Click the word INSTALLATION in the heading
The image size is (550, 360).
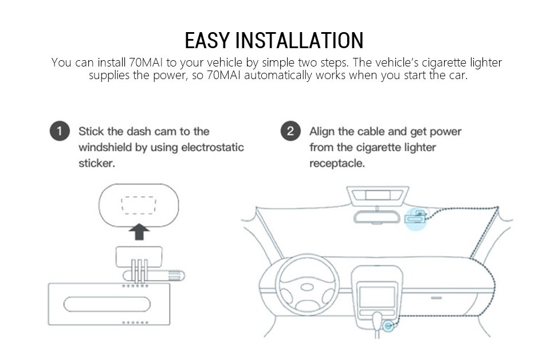(300, 40)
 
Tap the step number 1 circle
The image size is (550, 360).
(60, 131)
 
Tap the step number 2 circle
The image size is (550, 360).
(290, 131)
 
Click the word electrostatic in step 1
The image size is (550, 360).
(213, 147)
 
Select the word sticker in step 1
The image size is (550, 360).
(96, 163)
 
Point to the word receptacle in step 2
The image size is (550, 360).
(336, 163)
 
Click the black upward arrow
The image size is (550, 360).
(139, 232)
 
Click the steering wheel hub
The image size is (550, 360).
(307, 287)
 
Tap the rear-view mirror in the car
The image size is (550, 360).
(377, 217)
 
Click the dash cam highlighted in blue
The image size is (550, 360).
(416, 217)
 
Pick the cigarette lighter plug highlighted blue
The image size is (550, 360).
(388, 326)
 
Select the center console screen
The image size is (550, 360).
(377, 297)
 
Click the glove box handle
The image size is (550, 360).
(437, 298)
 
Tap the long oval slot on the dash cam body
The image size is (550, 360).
(107, 304)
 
